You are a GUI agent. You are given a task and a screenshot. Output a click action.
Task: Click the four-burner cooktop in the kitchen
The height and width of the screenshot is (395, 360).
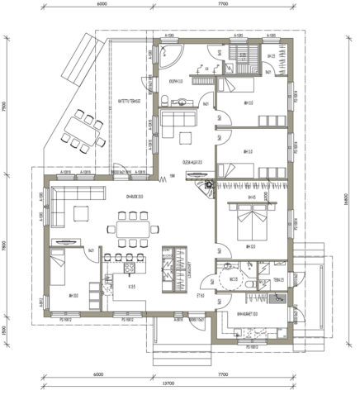pyautogui.click(x=130, y=267)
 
